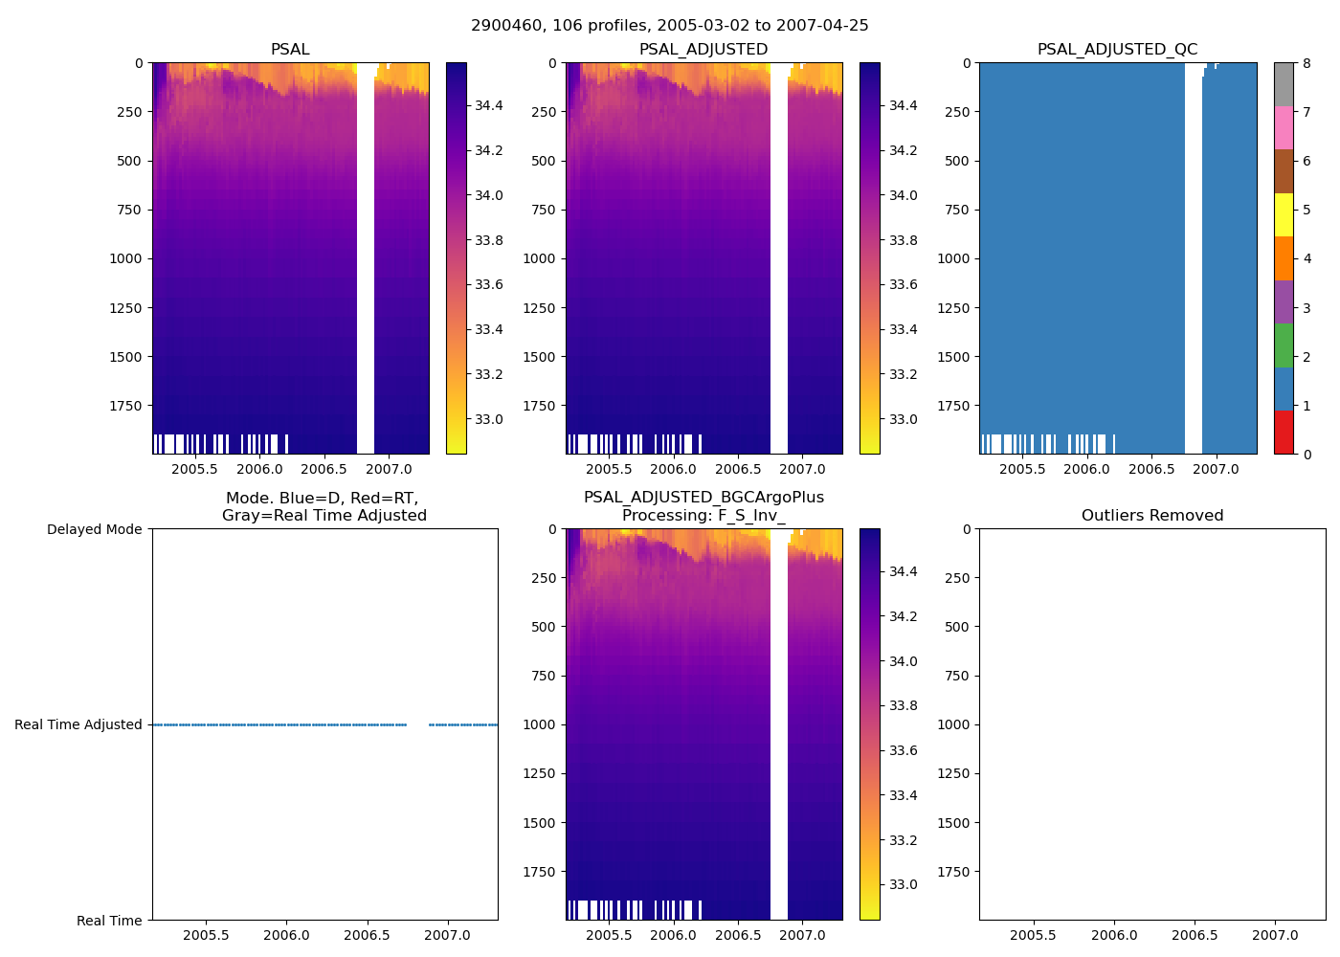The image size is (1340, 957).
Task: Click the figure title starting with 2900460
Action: point(669,26)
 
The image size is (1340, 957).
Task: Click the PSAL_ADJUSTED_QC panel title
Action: point(1117,50)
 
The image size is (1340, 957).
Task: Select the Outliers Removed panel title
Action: point(1152,516)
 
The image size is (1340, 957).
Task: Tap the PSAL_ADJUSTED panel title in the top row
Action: point(703,50)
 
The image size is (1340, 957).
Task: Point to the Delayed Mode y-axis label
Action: point(94,530)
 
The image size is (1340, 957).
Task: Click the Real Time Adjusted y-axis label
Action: point(78,725)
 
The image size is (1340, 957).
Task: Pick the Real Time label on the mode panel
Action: point(109,921)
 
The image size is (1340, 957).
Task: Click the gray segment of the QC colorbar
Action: point(1284,84)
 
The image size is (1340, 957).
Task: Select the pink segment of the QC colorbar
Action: point(1284,127)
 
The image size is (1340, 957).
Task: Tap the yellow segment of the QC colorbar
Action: point(1284,214)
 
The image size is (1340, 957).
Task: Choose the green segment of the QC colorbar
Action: point(1284,345)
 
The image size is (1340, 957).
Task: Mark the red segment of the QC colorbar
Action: point(1284,432)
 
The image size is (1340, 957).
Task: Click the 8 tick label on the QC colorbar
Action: point(1306,64)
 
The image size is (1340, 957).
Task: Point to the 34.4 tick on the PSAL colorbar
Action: point(489,105)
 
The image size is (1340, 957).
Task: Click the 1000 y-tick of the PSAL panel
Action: point(127,259)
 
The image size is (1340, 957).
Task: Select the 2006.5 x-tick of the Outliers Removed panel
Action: point(1195,935)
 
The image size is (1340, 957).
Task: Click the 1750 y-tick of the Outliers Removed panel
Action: point(954,872)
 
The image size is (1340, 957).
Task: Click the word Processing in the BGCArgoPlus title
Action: point(659,516)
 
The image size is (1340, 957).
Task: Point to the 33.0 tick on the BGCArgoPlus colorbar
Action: point(903,885)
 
